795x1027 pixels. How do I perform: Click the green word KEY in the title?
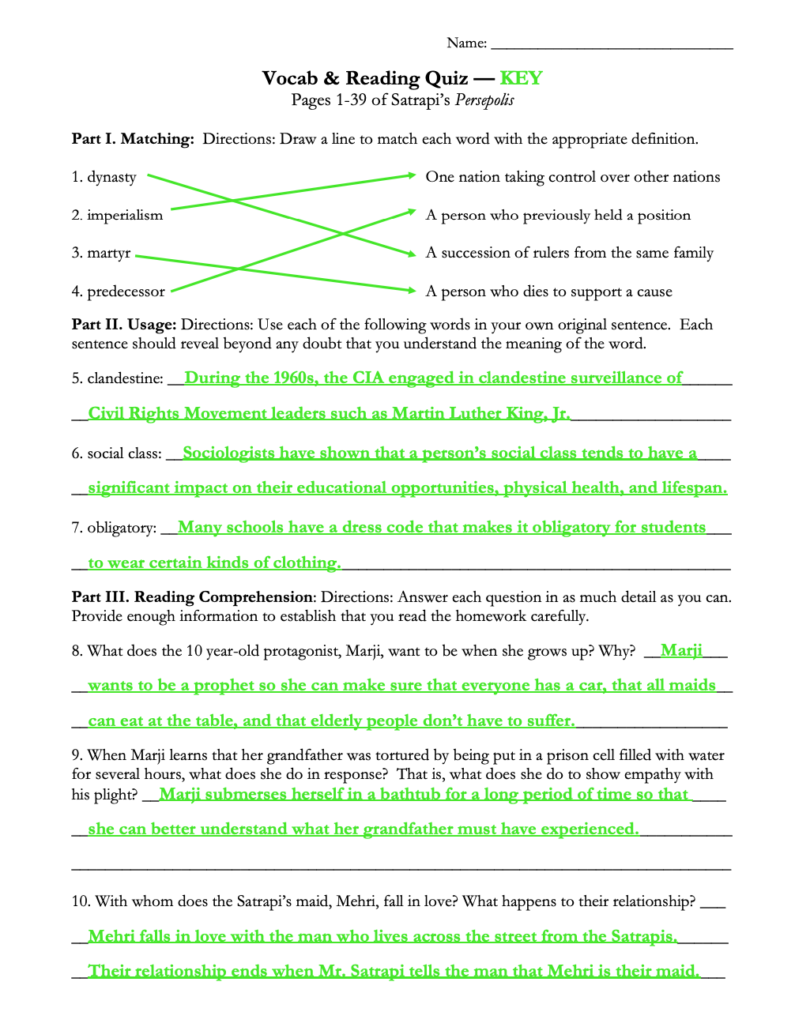click(x=521, y=78)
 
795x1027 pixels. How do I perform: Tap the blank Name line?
click(x=612, y=44)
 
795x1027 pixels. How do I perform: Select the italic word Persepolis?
click(x=484, y=100)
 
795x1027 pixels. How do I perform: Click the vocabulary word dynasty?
click(x=111, y=177)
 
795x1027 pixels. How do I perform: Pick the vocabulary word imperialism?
click(x=125, y=215)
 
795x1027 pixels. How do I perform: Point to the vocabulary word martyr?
click(x=108, y=253)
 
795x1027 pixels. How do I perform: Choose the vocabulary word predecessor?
click(x=126, y=292)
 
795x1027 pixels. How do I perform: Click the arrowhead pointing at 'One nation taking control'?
click(x=411, y=175)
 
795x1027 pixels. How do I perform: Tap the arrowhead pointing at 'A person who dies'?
click(x=411, y=291)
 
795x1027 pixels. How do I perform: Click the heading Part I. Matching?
click(x=133, y=139)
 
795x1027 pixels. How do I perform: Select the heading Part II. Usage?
click(x=124, y=325)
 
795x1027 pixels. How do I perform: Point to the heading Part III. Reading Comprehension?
click(x=192, y=597)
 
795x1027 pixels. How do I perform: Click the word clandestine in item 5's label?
click(x=125, y=378)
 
